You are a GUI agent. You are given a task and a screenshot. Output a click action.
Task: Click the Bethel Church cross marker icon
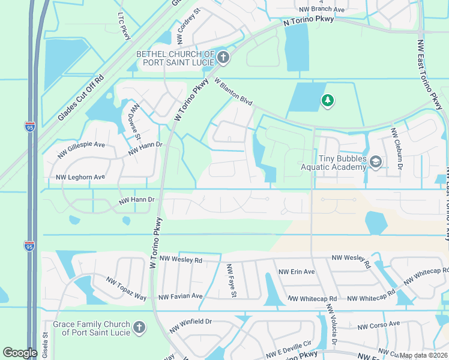223,58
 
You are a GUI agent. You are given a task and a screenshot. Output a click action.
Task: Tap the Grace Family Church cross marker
139,328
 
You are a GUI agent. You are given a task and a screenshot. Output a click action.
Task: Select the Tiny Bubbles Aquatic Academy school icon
376,162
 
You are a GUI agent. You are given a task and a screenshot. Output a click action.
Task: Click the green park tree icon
327,101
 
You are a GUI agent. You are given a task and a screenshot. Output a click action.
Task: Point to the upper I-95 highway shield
30,127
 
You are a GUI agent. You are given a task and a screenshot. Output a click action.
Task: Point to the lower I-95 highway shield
30,245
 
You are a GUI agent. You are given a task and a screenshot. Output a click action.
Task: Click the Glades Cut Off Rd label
81,98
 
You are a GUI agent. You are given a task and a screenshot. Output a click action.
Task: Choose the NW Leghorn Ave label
80,177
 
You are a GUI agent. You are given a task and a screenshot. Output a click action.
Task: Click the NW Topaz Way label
126,289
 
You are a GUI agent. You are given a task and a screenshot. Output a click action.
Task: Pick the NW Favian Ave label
180,296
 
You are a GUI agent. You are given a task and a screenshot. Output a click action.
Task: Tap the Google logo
20,353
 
